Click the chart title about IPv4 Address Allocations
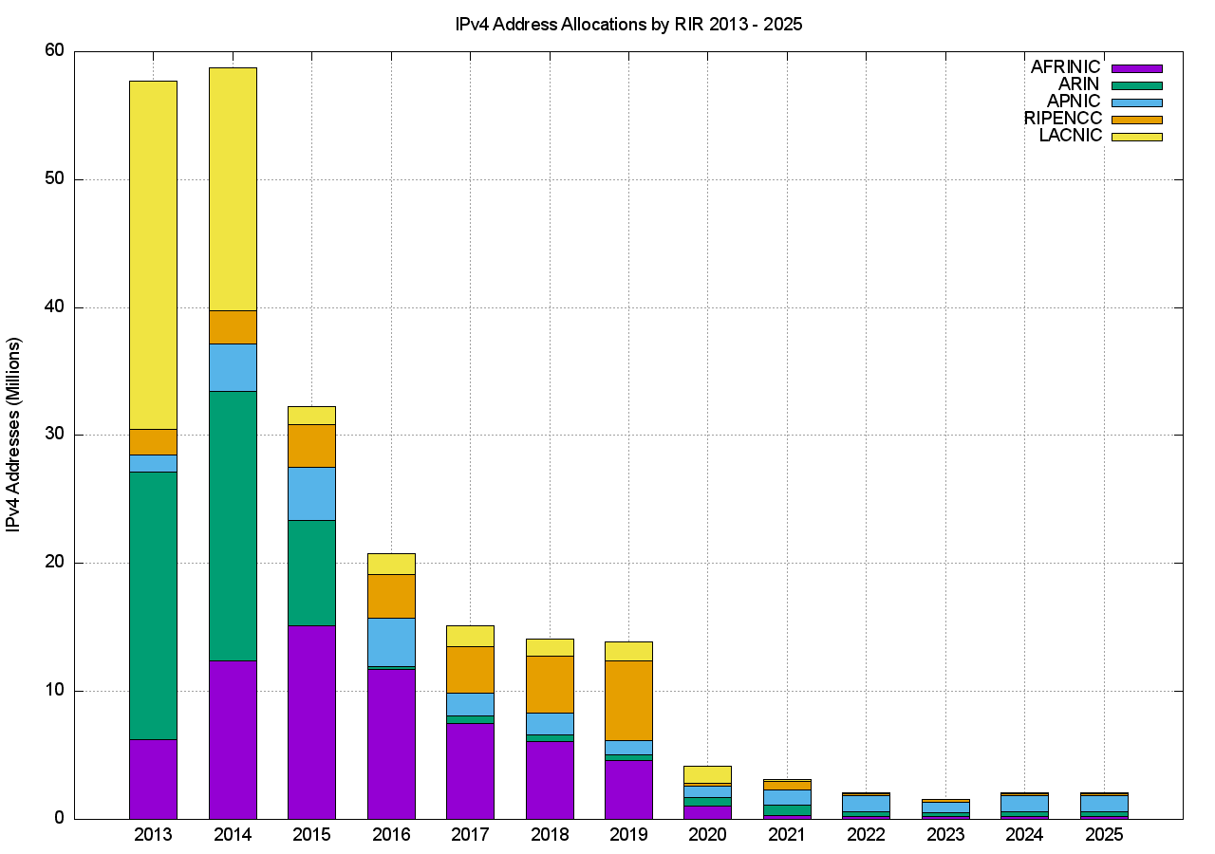628,25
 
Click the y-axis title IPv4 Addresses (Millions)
14,435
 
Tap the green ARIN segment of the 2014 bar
233,526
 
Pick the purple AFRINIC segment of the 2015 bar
311,721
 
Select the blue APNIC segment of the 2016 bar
391,642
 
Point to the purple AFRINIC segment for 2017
470,770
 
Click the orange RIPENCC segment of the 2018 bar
550,684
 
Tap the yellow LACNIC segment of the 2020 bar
708,774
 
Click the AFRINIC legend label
1065,67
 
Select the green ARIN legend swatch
1137,85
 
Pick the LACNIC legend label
1071,136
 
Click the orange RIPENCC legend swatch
1137,120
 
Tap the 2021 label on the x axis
787,835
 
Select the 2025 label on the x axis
1104,835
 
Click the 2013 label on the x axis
153,835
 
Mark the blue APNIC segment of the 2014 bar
233,367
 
